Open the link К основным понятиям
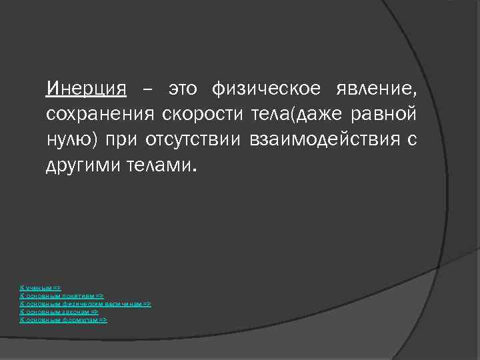click(62, 295)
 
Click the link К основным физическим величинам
click(86, 303)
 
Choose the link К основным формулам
click(64, 320)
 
